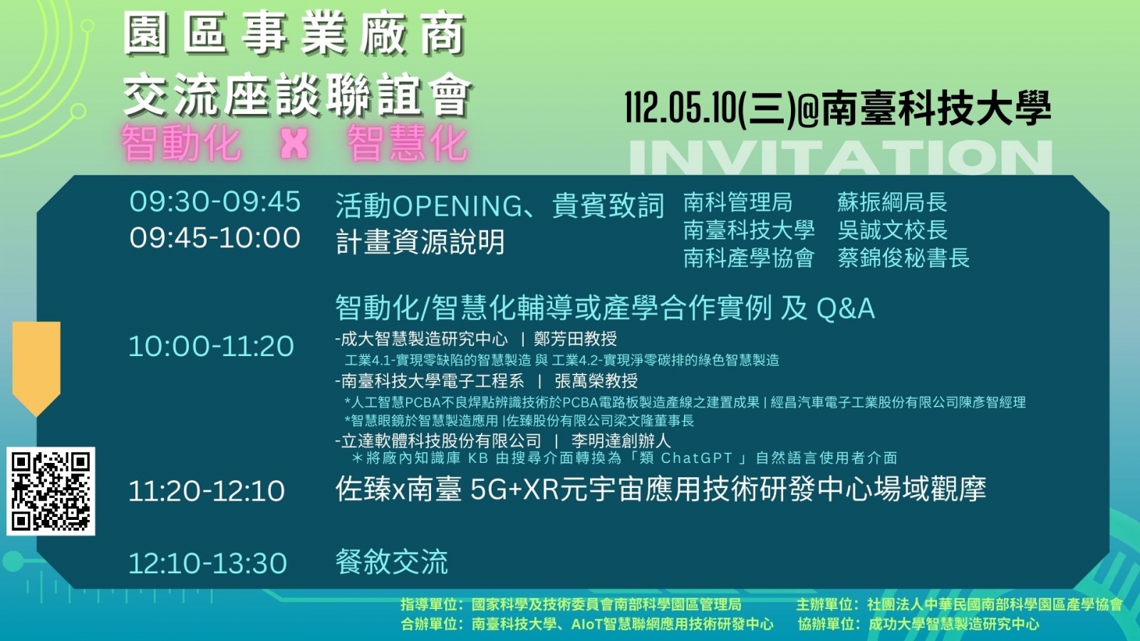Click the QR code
click(x=51, y=491)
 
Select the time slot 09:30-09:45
click(x=214, y=202)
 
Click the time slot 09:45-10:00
click(x=214, y=238)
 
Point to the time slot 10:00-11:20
click(x=211, y=346)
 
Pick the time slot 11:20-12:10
click(x=206, y=491)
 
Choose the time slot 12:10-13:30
click(x=207, y=563)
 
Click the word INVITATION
click(x=841, y=157)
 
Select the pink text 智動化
click(x=181, y=144)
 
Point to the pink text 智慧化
click(x=407, y=144)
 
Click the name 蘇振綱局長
click(x=892, y=202)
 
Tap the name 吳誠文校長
click(x=892, y=231)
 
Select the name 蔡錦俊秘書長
click(x=903, y=258)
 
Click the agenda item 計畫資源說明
click(x=420, y=241)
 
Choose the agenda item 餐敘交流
click(x=391, y=562)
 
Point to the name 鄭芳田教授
click(x=575, y=339)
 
